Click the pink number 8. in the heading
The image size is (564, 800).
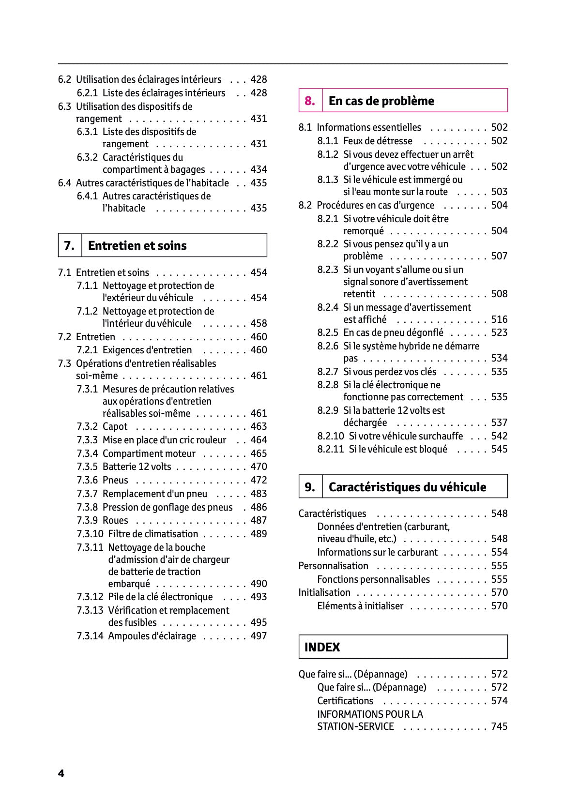310,101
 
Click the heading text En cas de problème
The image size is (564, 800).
381,101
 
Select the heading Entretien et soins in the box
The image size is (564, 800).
137,245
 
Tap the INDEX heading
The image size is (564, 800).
322,647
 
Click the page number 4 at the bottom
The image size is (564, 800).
61,773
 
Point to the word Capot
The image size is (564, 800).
115,426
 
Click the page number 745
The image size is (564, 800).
499,726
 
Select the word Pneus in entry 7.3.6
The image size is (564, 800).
115,480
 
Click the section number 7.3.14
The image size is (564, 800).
90,636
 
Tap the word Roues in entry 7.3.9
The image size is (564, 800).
115,520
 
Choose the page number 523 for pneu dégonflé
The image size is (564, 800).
499,332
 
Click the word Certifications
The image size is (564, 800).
345,701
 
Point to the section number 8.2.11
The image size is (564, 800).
331,449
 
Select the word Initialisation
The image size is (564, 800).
324,592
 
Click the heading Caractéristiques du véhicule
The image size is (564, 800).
407,487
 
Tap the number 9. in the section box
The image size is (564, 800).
310,487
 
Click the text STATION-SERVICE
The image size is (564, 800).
355,726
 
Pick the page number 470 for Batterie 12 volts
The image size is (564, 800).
259,467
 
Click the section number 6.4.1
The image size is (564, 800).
87,196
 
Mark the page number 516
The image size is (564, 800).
499,319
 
